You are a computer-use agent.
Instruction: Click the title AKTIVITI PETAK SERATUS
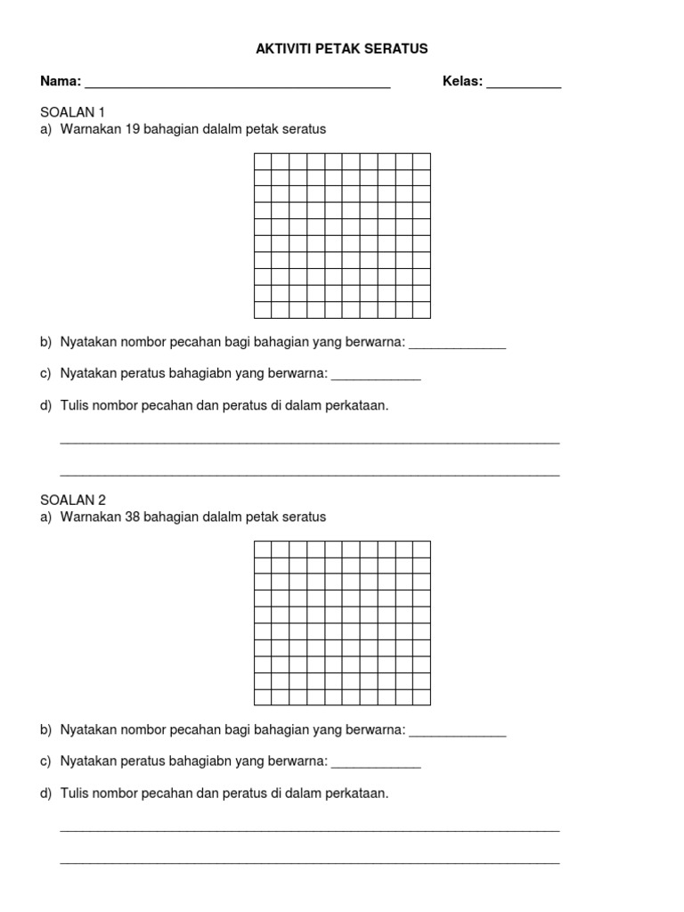[x=342, y=49]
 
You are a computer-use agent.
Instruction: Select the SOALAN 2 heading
[x=73, y=500]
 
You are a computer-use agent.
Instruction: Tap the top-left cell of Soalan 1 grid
[x=263, y=161]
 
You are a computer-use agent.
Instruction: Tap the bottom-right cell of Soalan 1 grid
[x=421, y=310]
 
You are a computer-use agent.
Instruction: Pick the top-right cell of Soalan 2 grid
[x=421, y=549]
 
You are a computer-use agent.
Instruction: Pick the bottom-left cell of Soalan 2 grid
[x=263, y=697]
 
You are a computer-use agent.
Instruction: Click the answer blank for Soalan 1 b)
[x=457, y=346]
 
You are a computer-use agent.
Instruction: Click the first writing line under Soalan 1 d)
[x=309, y=441]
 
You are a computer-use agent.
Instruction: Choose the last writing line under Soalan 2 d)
[x=309, y=862]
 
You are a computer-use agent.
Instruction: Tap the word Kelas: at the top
[x=462, y=82]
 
